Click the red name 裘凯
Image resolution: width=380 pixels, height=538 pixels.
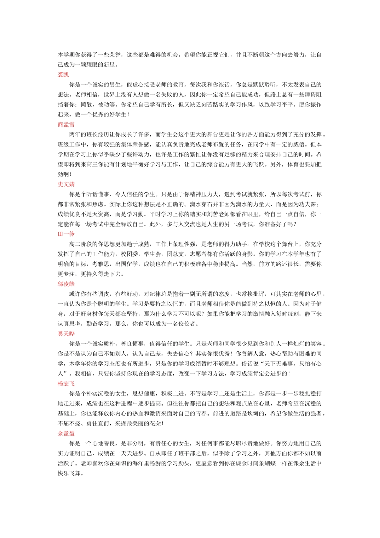(x=63, y=74)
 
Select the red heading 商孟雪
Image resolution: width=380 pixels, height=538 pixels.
(x=66, y=124)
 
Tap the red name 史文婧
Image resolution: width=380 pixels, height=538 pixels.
(x=66, y=184)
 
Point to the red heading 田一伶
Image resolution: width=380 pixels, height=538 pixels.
(x=66, y=234)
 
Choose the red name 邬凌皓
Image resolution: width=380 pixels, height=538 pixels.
(x=66, y=284)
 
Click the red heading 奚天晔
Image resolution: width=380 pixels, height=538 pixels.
(x=66, y=334)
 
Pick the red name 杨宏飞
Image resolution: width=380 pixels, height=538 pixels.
(x=66, y=383)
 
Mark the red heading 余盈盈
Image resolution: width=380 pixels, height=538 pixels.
(x=66, y=434)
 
